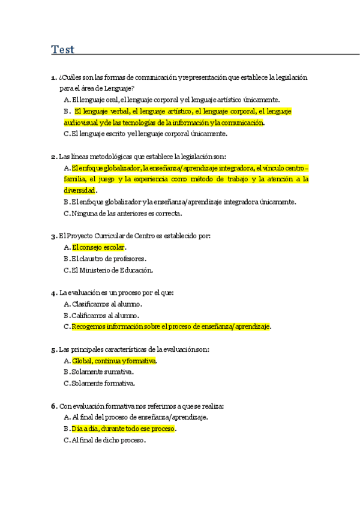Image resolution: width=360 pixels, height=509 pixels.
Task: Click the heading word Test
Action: tap(63, 50)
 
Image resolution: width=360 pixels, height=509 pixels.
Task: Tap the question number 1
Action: tap(54, 77)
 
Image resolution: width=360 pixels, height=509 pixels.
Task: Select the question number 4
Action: tap(54, 293)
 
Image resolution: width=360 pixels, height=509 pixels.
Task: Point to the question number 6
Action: tap(54, 406)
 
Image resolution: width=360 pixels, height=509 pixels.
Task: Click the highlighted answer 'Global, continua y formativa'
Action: tap(114, 361)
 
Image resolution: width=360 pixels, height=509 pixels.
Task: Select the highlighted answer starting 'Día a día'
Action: tap(124, 429)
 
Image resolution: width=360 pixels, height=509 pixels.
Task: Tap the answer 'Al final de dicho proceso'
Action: tap(108, 440)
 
